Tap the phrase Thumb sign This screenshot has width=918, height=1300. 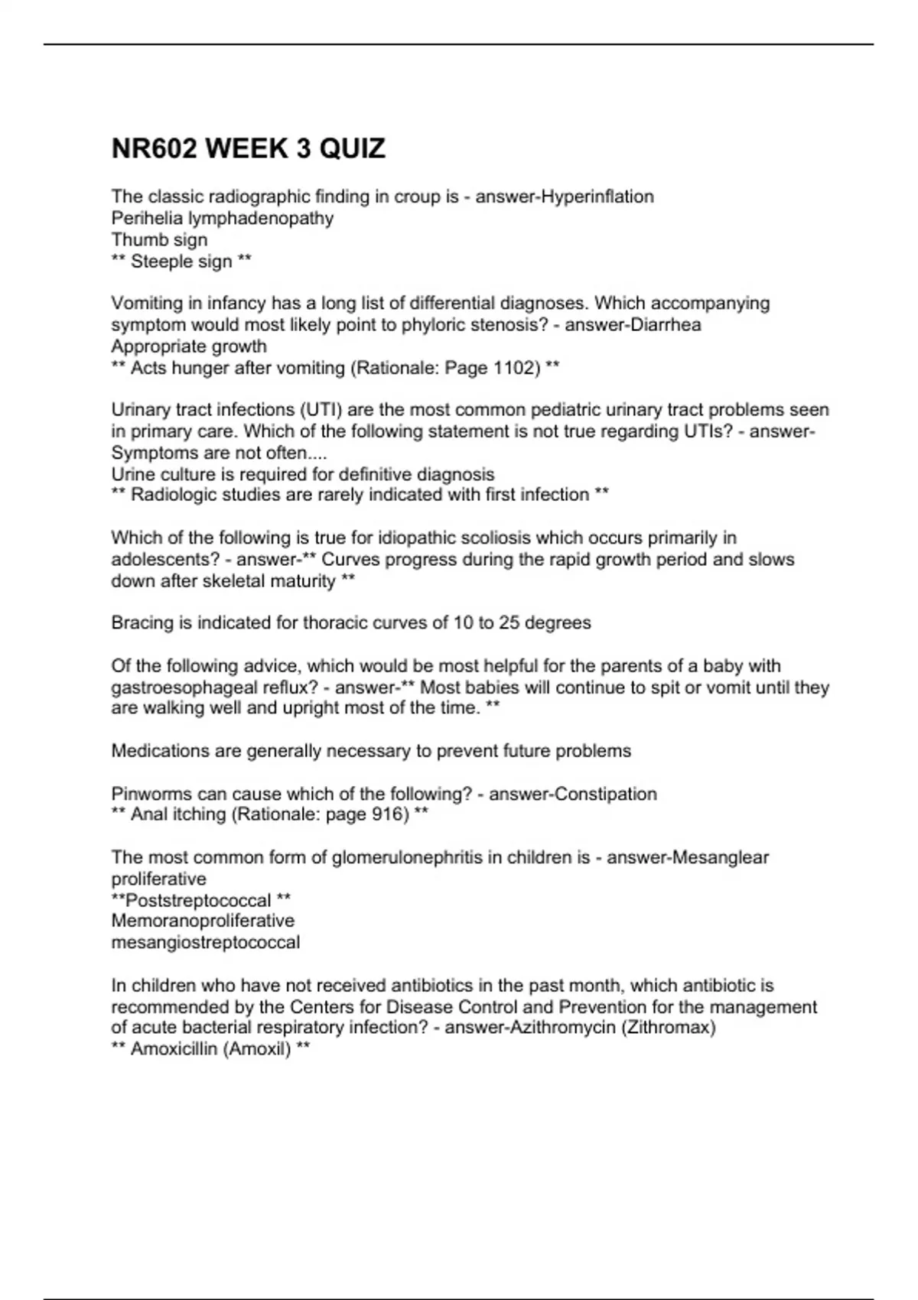159,239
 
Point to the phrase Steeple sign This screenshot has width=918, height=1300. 181,261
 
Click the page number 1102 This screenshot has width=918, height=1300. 516,368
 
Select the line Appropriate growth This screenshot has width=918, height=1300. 189,346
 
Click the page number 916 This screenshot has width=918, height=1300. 389,814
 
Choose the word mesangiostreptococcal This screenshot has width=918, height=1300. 206,942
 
